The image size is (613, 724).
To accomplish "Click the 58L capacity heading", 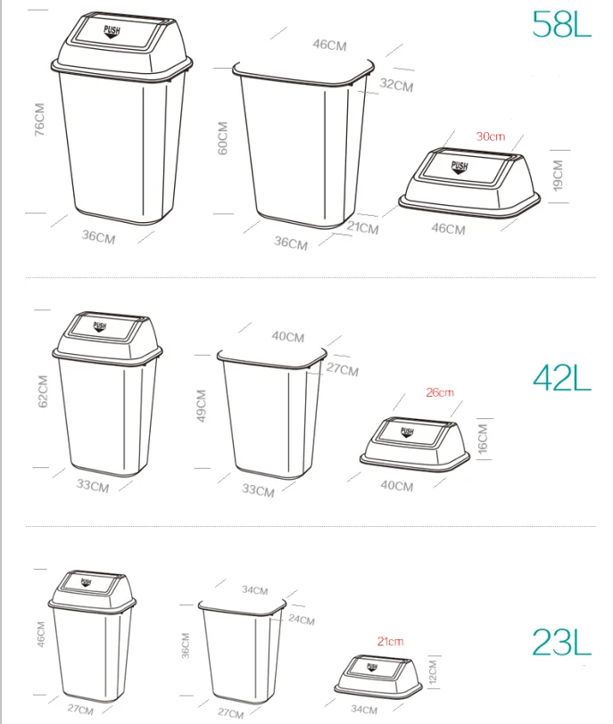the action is tap(561, 23).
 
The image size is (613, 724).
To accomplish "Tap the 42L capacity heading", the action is tap(562, 379).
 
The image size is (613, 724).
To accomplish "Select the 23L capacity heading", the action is tap(561, 642).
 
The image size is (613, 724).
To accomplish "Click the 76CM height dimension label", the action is tap(40, 119).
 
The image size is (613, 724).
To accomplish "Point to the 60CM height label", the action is tap(223, 138).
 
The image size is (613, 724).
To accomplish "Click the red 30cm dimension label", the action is tap(491, 136).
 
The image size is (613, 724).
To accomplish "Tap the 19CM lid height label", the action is tap(558, 176).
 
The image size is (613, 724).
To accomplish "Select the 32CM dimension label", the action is tap(396, 85).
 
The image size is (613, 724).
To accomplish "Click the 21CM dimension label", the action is tap(363, 227).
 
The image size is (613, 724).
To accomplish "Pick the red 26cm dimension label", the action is tap(440, 392).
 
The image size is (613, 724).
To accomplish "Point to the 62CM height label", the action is tap(43, 391).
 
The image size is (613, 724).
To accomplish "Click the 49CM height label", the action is tap(202, 406).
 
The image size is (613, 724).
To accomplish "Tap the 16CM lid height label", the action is tap(482, 439).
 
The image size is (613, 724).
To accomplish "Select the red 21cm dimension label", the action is tap(390, 641).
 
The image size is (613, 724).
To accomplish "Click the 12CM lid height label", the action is tap(433, 672).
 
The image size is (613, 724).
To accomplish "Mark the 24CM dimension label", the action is tap(302, 619).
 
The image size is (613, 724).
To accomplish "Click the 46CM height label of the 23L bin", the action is tap(41, 635).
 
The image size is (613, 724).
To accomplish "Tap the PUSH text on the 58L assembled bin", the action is tap(112, 31).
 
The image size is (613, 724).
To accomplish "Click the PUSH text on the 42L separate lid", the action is tap(407, 432).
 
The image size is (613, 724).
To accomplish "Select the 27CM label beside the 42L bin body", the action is tap(343, 369).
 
